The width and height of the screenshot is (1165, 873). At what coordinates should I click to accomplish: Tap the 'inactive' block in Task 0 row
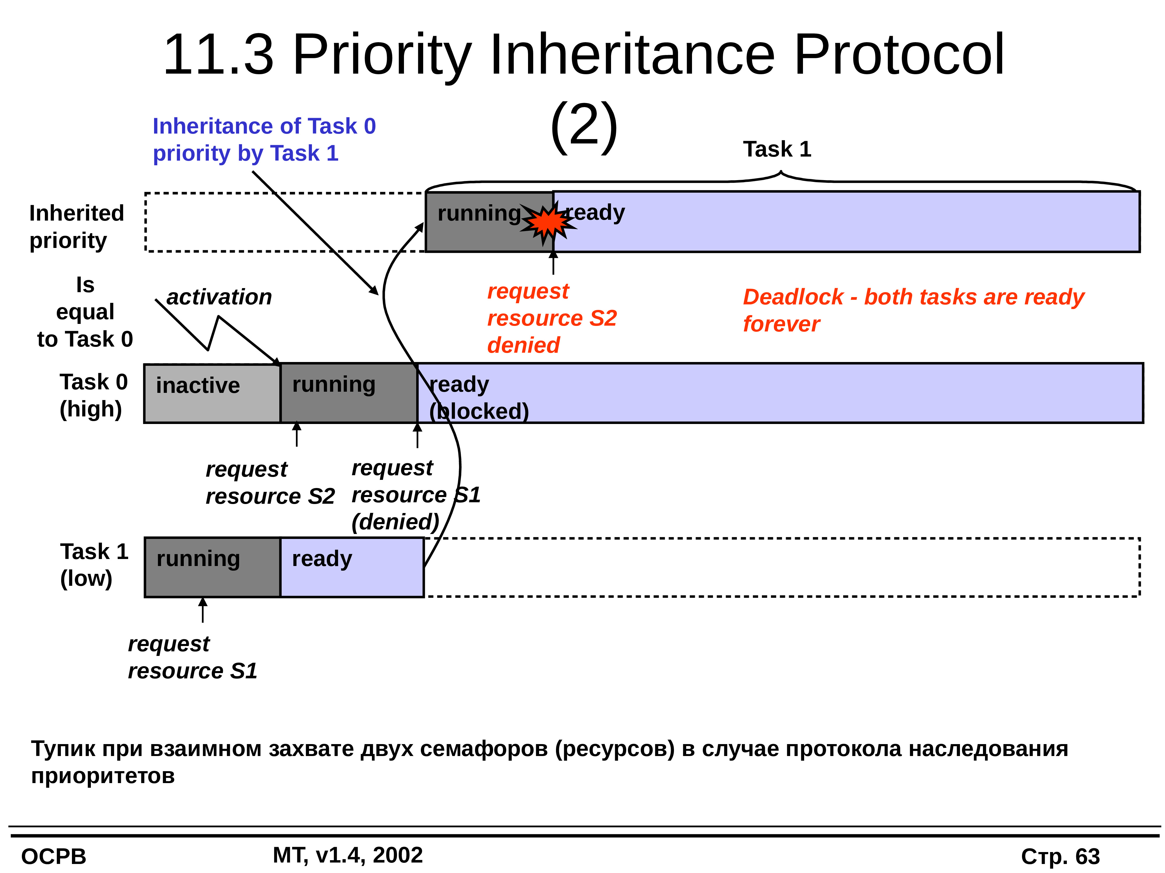(212, 393)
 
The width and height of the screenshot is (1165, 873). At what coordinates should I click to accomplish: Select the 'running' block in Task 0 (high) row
(349, 393)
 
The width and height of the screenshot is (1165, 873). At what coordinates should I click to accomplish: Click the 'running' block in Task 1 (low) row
(212, 567)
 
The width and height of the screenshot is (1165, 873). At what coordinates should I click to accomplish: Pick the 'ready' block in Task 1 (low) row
(352, 567)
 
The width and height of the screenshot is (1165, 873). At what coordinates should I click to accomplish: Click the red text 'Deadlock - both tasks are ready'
(914, 297)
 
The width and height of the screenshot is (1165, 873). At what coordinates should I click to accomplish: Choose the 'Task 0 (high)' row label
(93, 395)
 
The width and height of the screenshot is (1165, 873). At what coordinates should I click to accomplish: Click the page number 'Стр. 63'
(1060, 857)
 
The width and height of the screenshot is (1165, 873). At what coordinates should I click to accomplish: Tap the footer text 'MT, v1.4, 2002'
(347, 855)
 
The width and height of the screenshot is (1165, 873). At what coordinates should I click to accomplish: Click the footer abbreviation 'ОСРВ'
(54, 857)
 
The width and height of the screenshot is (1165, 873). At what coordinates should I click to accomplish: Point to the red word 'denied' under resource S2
(523, 345)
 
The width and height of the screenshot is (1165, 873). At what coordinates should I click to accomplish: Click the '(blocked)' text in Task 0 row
(479, 411)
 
